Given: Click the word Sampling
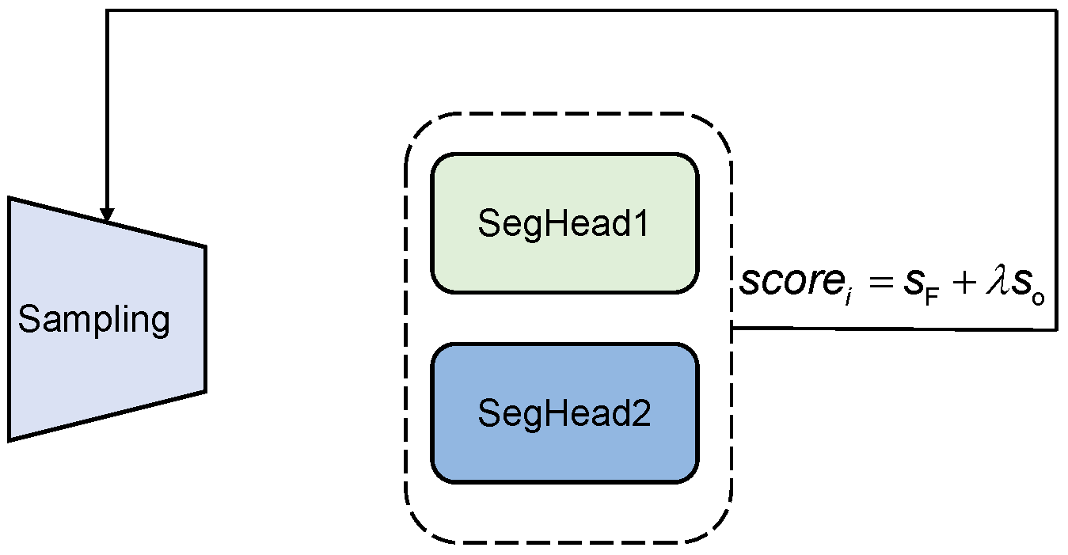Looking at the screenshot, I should pyautogui.click(x=93, y=321).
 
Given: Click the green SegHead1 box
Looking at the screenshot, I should pyautogui.click(x=564, y=223).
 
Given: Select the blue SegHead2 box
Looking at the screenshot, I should pyautogui.click(x=564, y=413).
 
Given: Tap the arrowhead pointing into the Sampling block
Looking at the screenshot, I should pyautogui.click(x=107, y=215).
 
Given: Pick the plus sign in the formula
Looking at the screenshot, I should pyautogui.click(x=959, y=283).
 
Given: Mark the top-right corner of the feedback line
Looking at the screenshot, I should pyautogui.click(x=1057, y=11).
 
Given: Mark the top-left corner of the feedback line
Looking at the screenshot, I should pyautogui.click(x=107, y=11).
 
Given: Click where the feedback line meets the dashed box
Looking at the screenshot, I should pyautogui.click(x=732, y=329).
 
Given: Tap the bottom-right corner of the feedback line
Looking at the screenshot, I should pyautogui.click(x=1057, y=329).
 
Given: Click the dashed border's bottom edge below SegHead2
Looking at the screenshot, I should pyautogui.click(x=564, y=542).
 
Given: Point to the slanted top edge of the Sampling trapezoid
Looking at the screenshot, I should pyautogui.click(x=107, y=222).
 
